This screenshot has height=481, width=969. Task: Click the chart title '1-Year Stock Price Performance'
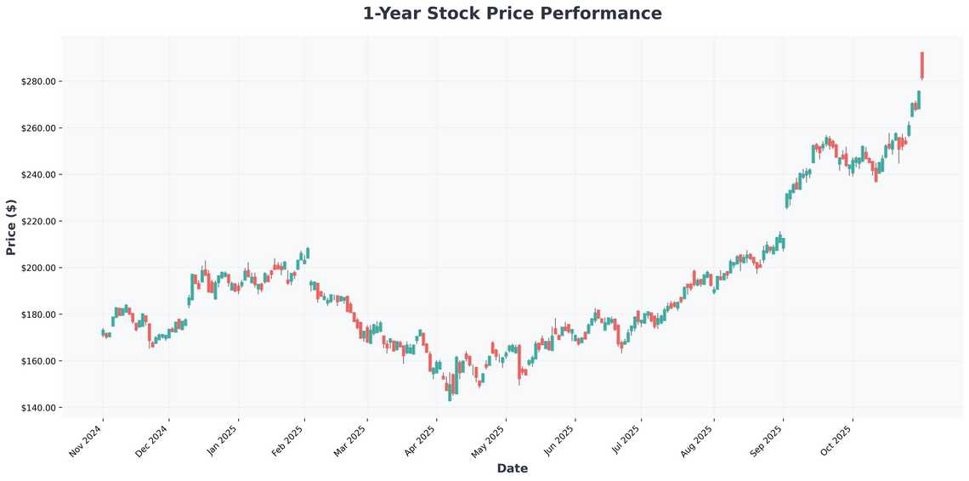click(512, 14)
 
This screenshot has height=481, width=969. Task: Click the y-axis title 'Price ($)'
click(11, 227)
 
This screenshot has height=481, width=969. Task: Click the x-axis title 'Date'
click(512, 468)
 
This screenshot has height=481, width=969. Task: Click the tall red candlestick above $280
click(921, 65)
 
